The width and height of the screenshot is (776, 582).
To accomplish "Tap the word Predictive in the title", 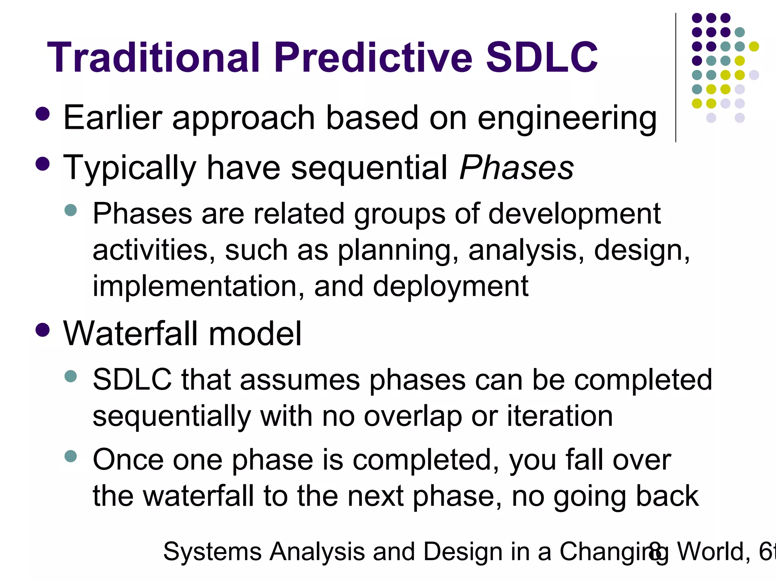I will [373, 58].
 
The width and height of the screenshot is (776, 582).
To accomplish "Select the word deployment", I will [451, 286].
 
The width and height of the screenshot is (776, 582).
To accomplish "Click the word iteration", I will [560, 416].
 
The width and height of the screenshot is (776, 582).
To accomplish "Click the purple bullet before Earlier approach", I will [42, 114].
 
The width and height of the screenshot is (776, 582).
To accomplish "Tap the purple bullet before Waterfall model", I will [42, 329].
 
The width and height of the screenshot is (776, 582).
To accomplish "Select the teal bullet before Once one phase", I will [71, 456].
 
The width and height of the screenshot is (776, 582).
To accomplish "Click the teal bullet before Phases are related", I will [71, 210].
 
